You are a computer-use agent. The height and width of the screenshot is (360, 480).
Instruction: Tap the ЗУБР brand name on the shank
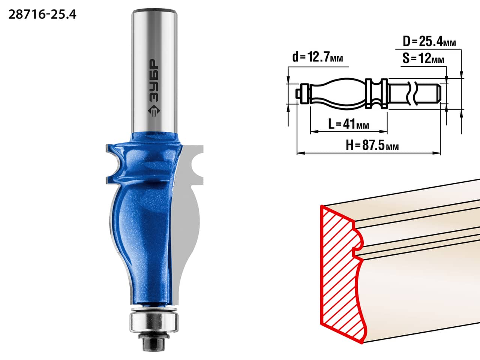click(x=154, y=80)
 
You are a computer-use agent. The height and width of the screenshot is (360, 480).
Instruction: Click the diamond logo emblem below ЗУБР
click(x=154, y=111)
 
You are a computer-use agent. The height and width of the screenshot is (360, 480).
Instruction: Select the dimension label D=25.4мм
click(x=429, y=41)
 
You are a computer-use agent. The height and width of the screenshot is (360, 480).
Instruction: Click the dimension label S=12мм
click(x=423, y=58)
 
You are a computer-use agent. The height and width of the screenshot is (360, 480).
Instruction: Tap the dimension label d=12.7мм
click(x=318, y=57)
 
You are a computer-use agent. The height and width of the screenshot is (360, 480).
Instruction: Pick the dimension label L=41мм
click(x=349, y=124)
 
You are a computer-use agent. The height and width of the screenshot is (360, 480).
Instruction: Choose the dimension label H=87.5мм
click(x=372, y=145)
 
